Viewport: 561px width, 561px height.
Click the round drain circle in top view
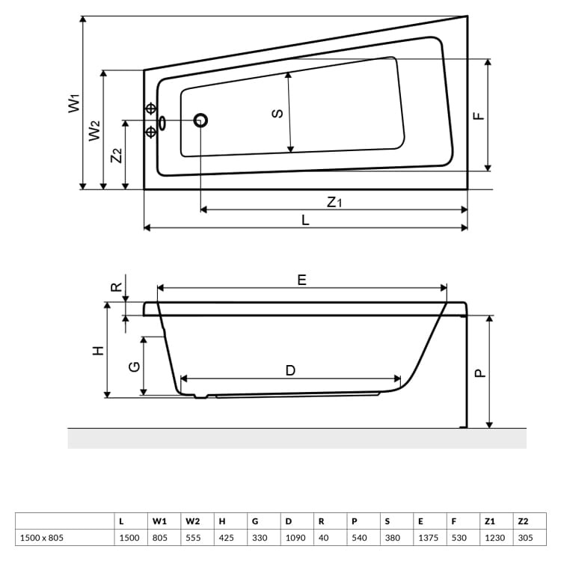200,120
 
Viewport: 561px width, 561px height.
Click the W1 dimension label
73,102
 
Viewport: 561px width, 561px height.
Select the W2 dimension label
93,130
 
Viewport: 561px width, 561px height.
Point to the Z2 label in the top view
115,156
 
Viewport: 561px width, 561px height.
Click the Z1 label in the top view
334,201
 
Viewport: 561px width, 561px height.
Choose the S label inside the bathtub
277,113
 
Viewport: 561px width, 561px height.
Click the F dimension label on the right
479,115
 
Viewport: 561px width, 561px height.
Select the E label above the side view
301,280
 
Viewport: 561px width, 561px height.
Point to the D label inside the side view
290,370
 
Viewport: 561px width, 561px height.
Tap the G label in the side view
134,367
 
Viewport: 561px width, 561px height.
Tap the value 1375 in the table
424,538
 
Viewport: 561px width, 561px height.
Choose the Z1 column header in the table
490,521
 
